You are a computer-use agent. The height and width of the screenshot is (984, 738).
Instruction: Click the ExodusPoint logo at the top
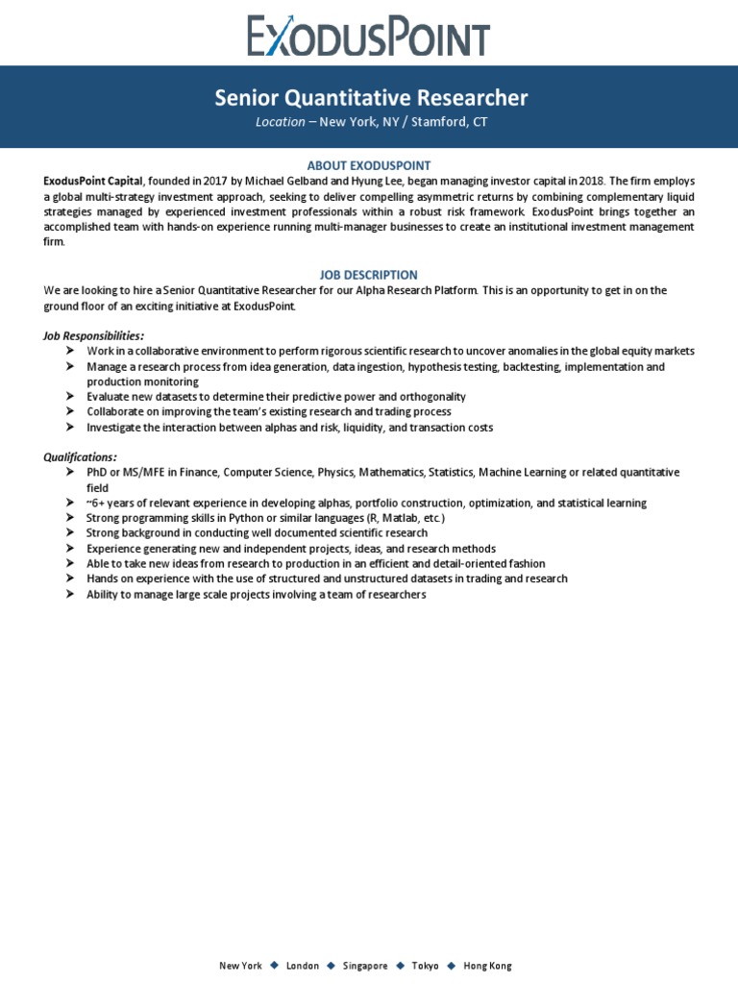pyautogui.click(x=369, y=36)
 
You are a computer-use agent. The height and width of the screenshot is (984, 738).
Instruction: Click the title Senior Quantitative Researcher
pyautogui.click(x=370, y=97)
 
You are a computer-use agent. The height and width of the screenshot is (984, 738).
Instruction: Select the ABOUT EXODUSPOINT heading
pyautogui.click(x=369, y=165)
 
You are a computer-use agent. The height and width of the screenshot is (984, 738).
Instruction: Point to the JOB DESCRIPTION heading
pyautogui.click(x=369, y=275)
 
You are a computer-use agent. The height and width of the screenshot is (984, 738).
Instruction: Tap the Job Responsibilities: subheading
pyautogui.click(x=94, y=335)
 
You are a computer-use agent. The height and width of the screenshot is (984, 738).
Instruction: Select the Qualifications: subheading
pyautogui.click(x=80, y=456)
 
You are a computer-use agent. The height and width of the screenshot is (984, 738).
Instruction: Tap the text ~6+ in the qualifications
pyautogui.click(x=97, y=503)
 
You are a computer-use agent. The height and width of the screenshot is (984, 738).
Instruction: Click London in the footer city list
pyautogui.click(x=303, y=966)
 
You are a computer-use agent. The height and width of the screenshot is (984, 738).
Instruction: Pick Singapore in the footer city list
pyautogui.click(x=365, y=966)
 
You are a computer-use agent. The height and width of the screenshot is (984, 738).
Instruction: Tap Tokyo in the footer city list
pyautogui.click(x=425, y=966)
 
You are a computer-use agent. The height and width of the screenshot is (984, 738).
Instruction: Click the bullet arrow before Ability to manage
pyautogui.click(x=70, y=595)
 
